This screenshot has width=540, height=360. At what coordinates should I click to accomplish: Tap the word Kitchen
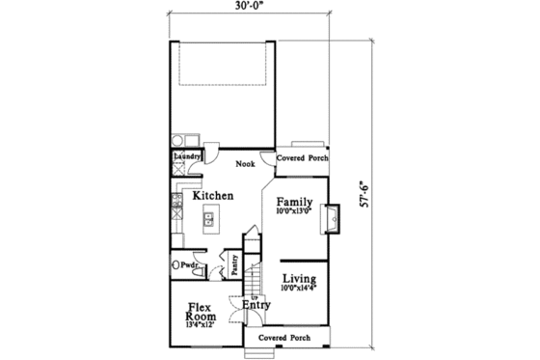pyautogui.click(x=212, y=196)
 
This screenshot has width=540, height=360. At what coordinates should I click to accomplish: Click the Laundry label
pyautogui.click(x=186, y=156)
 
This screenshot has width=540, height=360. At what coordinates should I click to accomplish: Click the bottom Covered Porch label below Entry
pyautogui.click(x=285, y=339)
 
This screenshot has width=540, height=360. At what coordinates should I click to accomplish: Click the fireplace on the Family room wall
pyautogui.click(x=333, y=219)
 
